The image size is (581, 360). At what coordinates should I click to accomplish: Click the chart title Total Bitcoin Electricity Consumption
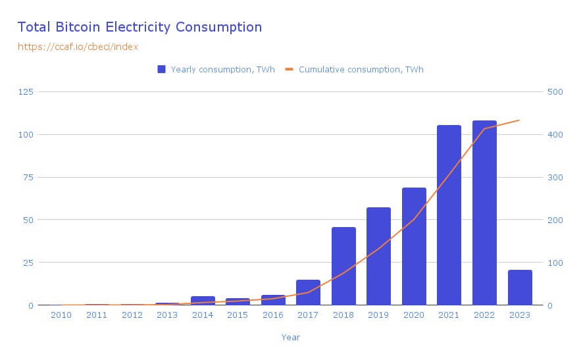click(139, 27)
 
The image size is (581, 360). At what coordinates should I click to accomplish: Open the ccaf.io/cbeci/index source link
click(78, 47)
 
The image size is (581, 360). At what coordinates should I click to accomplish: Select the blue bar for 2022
click(484, 213)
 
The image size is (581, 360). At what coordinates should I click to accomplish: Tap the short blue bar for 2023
click(520, 288)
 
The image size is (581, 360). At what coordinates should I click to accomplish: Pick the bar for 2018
click(343, 266)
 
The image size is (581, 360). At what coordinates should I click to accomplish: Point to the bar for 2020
click(414, 246)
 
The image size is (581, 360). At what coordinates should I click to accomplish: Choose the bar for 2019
click(378, 256)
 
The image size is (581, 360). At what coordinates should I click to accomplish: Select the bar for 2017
click(308, 292)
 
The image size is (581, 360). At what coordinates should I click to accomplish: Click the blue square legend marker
click(161, 69)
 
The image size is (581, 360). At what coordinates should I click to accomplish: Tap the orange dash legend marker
click(289, 69)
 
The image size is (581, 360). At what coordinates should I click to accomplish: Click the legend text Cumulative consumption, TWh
click(365, 69)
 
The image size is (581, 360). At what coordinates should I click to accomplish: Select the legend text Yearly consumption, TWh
click(218, 69)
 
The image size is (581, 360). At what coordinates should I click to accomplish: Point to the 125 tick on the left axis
click(26, 91)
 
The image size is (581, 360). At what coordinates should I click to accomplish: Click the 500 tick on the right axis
click(555, 91)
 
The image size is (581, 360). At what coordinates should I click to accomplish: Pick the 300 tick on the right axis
click(555, 177)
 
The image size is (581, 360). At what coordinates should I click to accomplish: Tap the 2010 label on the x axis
click(61, 315)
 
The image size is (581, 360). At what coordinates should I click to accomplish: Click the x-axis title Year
click(290, 337)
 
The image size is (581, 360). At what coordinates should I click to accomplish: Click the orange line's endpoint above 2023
click(520, 120)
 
